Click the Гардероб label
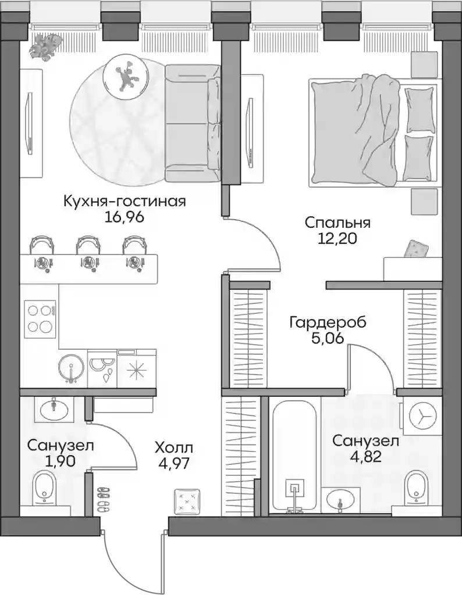point(328,323)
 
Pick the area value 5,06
point(328,338)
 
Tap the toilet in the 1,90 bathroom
point(44,486)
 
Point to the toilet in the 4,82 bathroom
point(416,486)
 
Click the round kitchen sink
point(72,368)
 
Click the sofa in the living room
point(191,123)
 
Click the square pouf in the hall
point(188,501)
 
